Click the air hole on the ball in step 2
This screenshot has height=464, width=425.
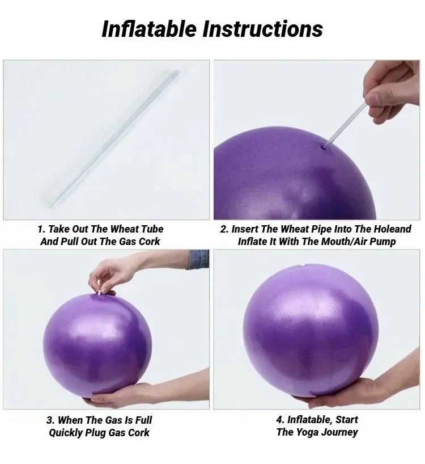point(324,147)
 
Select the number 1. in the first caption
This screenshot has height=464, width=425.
point(41,229)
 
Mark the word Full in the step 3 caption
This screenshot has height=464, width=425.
point(142,420)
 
